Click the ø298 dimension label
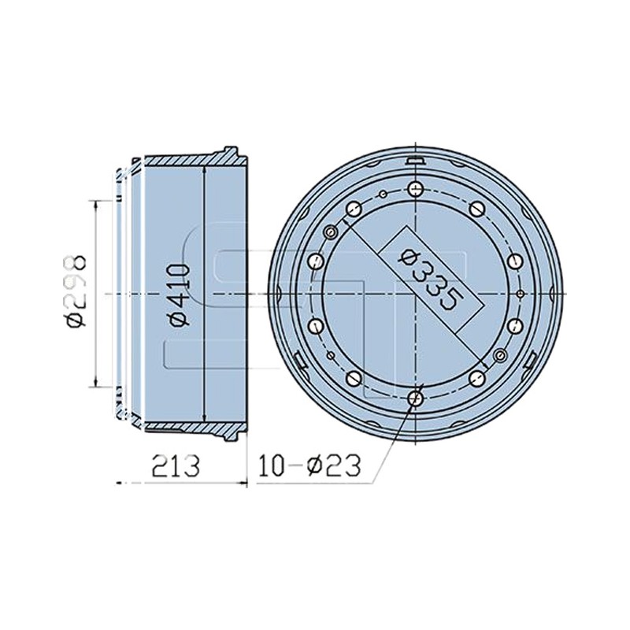click(x=76, y=292)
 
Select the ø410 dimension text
click(x=179, y=295)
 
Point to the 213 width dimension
click(x=175, y=465)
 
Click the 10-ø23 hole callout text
click(x=309, y=465)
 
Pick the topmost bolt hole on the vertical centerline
click(x=415, y=188)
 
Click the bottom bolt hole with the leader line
click(x=415, y=398)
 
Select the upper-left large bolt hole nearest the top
click(x=353, y=208)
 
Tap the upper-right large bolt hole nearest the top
click(x=476, y=208)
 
